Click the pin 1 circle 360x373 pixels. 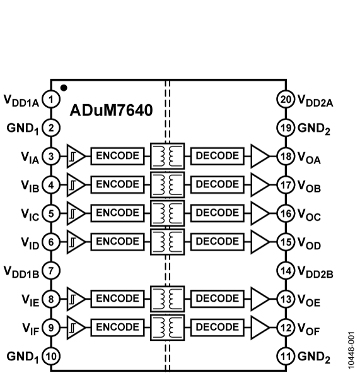tap(51, 100)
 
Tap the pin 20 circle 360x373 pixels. tap(286, 100)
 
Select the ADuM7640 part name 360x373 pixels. tap(111, 110)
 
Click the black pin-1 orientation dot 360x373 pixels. tap(64, 88)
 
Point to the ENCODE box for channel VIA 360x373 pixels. tap(117, 156)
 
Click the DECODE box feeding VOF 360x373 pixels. tap(217, 328)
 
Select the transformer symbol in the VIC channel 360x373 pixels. tap(168, 213)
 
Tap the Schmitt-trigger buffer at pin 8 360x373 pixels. tap(76, 299)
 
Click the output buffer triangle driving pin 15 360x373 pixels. tap(260, 242)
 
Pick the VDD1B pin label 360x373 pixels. tap(21, 272)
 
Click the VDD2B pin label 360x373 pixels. tap(315, 272)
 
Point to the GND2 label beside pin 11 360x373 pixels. tap(314, 357)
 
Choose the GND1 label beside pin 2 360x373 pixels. tap(23, 129)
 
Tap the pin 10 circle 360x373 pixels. tap(51, 357)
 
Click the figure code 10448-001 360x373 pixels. tap(351, 350)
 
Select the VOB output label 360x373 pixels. tap(309, 186)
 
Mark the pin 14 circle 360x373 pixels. tap(286, 271)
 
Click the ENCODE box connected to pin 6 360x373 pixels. tap(117, 242)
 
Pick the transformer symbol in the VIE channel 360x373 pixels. tap(168, 299)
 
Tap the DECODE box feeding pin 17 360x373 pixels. tap(217, 184)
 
